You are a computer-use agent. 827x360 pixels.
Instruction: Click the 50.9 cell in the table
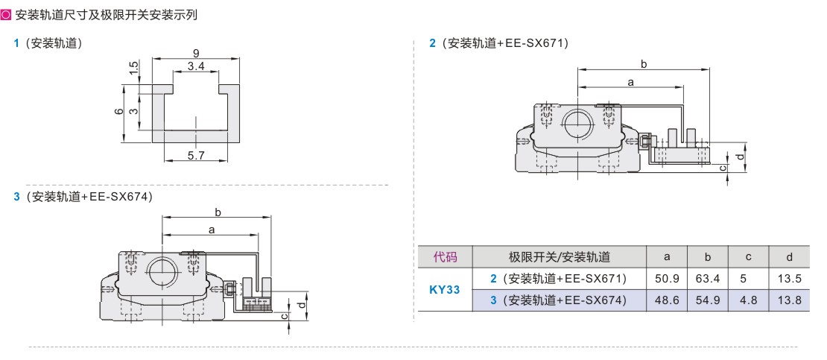click(667, 278)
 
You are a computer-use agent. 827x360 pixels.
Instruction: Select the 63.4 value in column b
click(708, 278)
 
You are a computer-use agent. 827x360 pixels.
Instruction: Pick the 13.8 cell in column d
click(789, 300)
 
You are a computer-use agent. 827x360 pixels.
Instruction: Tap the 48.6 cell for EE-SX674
click(667, 300)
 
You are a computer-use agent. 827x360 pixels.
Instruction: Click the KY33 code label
click(444, 289)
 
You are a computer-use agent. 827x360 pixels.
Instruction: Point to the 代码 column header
click(445, 257)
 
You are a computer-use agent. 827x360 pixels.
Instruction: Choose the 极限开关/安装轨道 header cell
click(559, 257)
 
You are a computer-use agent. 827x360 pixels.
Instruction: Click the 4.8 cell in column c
click(749, 300)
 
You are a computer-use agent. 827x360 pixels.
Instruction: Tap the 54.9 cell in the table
click(708, 300)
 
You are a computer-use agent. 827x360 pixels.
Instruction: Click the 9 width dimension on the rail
click(196, 53)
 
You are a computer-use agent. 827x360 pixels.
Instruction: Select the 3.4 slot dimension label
click(196, 66)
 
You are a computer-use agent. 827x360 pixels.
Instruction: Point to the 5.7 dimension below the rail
click(196, 155)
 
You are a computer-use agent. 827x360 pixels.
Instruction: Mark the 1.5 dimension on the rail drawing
click(134, 67)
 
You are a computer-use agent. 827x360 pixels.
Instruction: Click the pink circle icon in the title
click(6, 15)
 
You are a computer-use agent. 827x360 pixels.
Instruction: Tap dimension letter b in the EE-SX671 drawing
click(644, 64)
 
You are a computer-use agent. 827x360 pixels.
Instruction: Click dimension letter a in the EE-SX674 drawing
click(212, 230)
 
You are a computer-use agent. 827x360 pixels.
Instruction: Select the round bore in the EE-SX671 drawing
click(577, 124)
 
